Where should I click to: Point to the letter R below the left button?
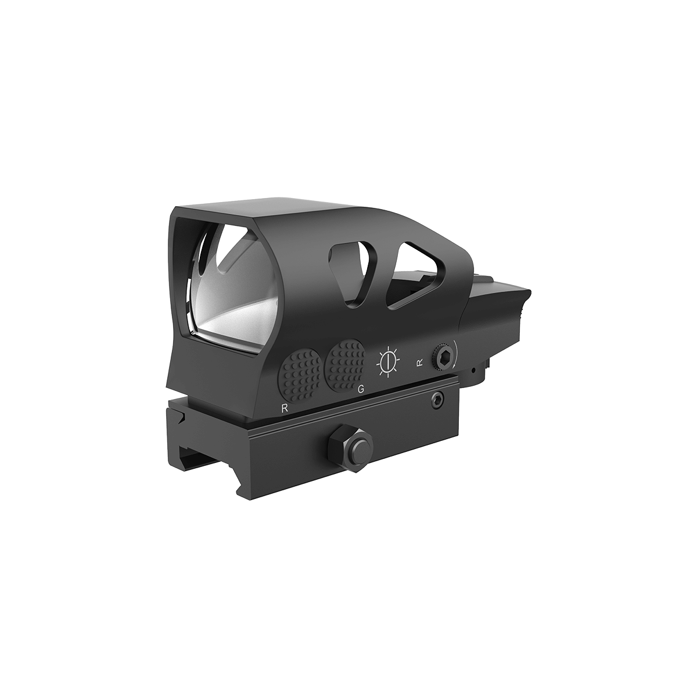click(284, 408)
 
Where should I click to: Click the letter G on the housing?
click(361, 389)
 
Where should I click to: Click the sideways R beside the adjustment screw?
click(419, 363)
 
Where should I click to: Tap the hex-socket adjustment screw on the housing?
click(443, 357)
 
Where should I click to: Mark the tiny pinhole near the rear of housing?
click(474, 371)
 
